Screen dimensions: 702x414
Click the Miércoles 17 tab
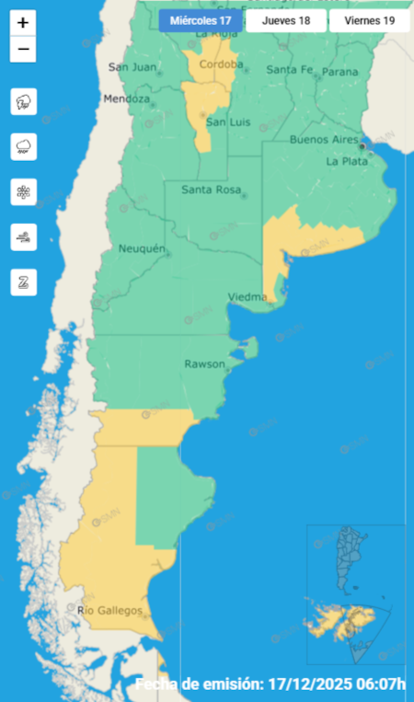(201, 20)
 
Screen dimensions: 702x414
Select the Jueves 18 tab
(285, 20)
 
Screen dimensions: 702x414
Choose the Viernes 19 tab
(370, 20)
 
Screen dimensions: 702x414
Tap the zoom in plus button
(23, 23)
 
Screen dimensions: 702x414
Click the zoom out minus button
(23, 49)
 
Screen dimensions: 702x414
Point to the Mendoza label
(126, 98)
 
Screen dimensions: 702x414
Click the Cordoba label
(220, 64)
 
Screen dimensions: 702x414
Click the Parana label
(340, 71)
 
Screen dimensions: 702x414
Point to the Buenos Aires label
(323, 139)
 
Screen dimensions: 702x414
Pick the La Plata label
(347, 161)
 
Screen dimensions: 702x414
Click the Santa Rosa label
(211, 190)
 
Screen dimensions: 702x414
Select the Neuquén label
(142, 248)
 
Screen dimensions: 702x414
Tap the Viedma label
(247, 296)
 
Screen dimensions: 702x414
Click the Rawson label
(204, 363)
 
